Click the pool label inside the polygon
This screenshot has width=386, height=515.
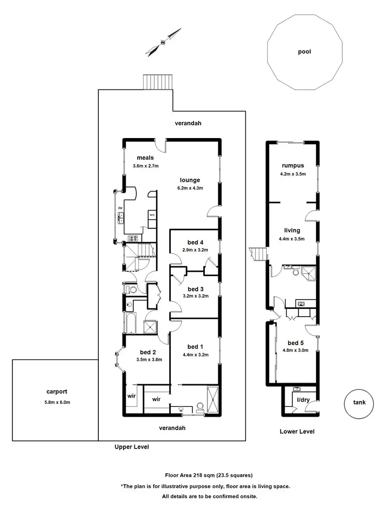click(304, 51)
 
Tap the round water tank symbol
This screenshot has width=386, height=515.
click(359, 403)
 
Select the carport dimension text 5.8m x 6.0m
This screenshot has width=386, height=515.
click(56, 403)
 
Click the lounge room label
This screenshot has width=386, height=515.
click(189, 180)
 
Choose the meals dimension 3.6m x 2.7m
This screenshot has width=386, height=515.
click(146, 166)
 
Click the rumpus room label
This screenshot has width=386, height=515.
click(293, 165)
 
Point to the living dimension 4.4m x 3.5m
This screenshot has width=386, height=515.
click(292, 238)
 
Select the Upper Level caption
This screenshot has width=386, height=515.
click(131, 448)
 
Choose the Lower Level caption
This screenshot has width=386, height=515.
click(296, 432)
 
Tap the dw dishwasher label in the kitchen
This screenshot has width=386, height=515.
click(120, 208)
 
